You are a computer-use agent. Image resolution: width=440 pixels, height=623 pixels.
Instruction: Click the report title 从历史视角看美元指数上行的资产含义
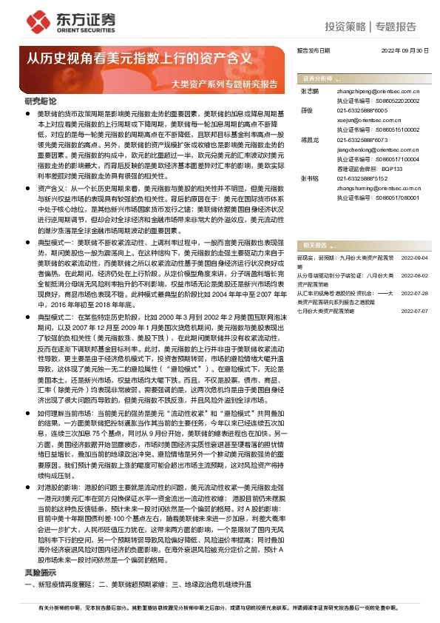(141, 58)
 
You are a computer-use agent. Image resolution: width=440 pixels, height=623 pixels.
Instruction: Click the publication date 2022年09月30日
(405, 50)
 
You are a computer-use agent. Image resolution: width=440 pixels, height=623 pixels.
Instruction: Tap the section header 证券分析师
(317, 78)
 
